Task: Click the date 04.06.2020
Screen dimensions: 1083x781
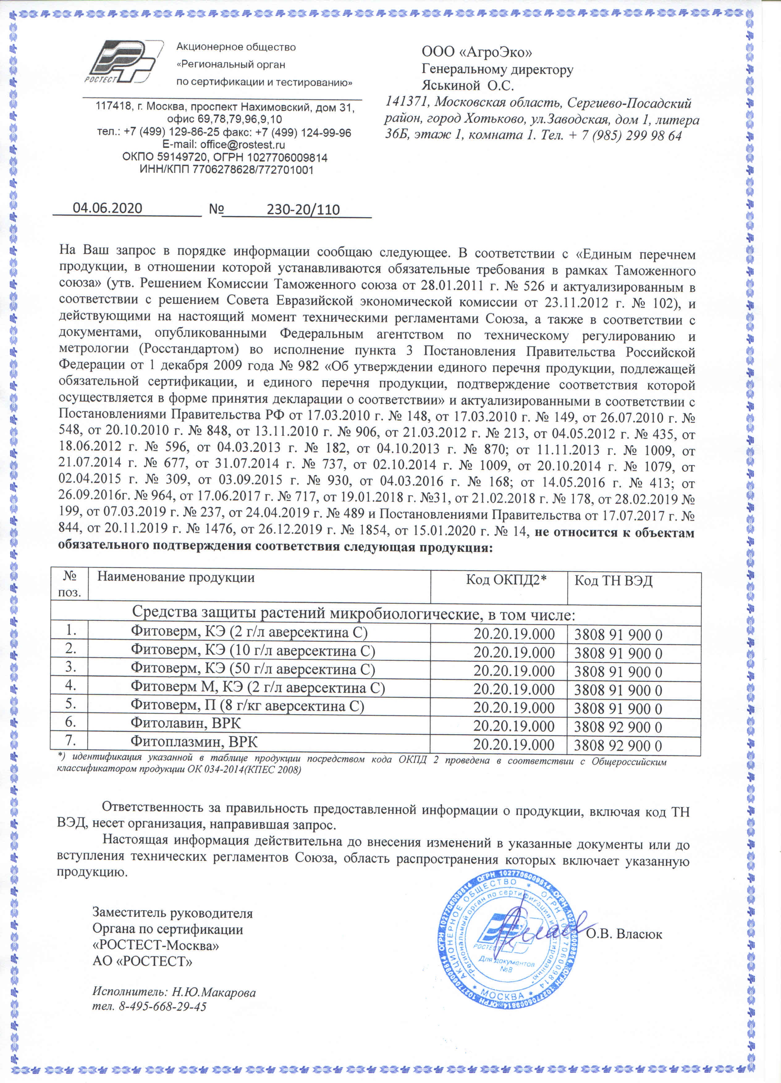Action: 108,208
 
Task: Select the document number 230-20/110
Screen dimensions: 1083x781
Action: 303,210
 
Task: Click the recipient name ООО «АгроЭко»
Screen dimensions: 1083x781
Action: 476,52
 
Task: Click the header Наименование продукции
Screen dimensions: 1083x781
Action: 176,577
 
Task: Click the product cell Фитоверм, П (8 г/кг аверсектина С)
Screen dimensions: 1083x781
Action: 247,705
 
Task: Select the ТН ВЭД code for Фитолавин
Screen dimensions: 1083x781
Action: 618,727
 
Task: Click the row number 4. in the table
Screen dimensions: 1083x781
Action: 71,685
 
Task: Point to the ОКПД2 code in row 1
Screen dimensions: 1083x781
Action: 514,634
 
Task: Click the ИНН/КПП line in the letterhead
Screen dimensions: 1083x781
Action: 226,169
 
